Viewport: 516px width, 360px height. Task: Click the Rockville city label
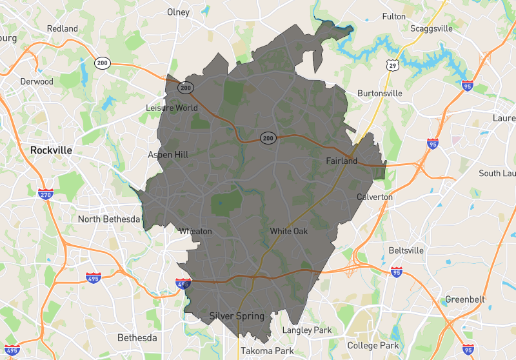pyautogui.click(x=51, y=150)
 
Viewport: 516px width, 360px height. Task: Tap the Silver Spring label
pyautogui.click(x=237, y=316)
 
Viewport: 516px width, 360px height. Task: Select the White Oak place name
pyautogui.click(x=288, y=231)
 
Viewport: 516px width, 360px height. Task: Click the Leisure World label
pyautogui.click(x=172, y=108)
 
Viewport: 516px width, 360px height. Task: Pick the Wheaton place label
pyautogui.click(x=195, y=231)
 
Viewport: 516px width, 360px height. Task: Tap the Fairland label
pyautogui.click(x=341, y=161)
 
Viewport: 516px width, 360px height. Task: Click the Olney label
pyautogui.click(x=178, y=12)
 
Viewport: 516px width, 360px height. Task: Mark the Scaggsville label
pyautogui.click(x=434, y=28)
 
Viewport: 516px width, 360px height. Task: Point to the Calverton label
pyautogui.click(x=375, y=197)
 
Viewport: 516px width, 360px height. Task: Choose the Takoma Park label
pyautogui.click(x=267, y=351)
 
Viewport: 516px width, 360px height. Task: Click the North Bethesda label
pyautogui.click(x=109, y=219)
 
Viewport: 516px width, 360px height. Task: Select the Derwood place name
pyautogui.click(x=37, y=82)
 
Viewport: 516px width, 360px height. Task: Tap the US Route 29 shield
pyautogui.click(x=392, y=66)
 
